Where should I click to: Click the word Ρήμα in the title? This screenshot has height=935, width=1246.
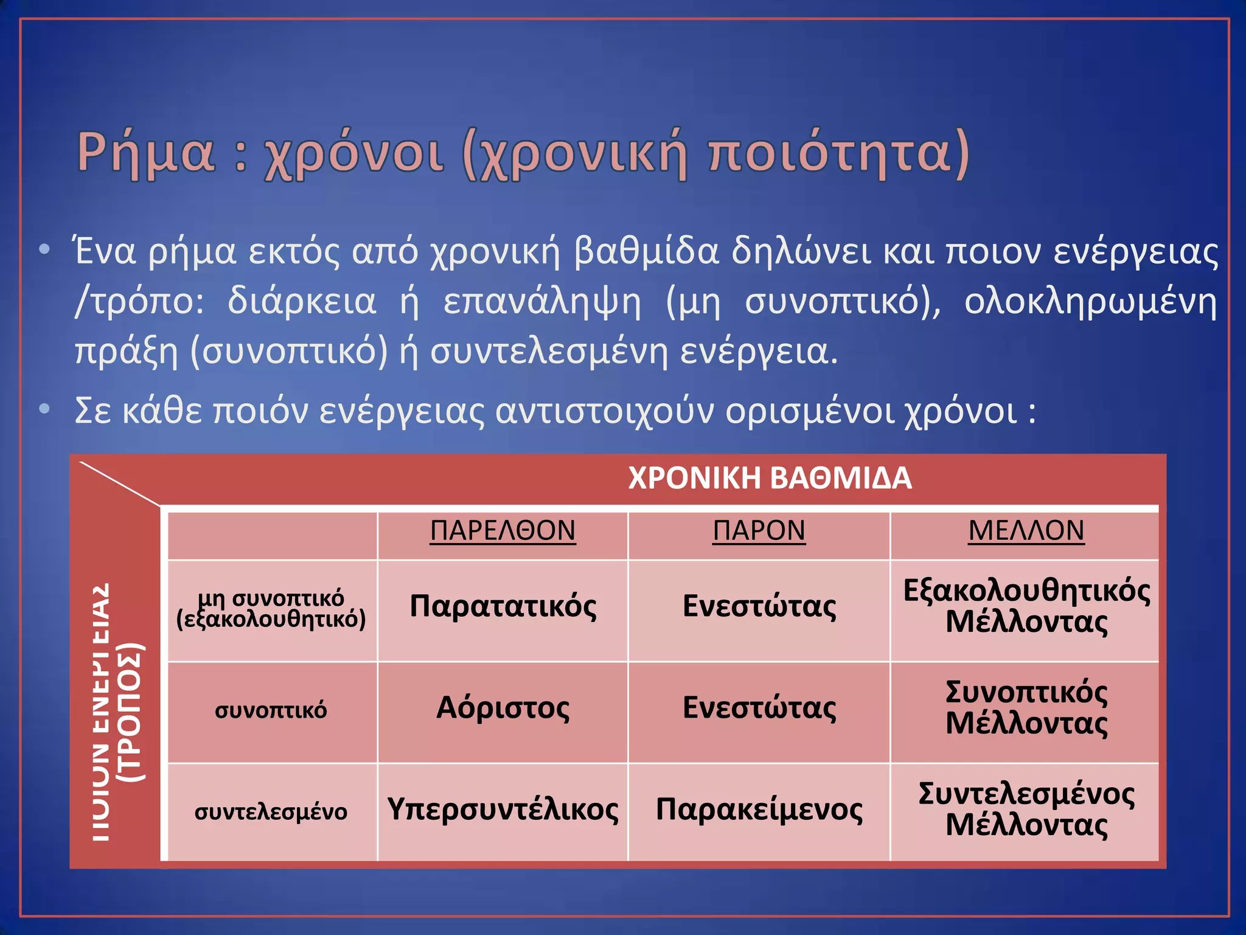coord(146,152)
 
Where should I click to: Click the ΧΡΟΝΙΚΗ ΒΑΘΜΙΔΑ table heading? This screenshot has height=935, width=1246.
coord(770,478)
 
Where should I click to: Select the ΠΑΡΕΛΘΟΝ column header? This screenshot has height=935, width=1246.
coord(503,531)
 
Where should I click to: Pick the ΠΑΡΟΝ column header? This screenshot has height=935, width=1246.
coord(759,531)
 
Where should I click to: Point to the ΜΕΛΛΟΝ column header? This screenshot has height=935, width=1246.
coord(1026,531)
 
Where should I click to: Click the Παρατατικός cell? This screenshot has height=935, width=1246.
coord(503,606)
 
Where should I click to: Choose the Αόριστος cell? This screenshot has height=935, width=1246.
coord(503,708)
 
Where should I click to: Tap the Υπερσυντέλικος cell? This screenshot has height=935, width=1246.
coord(503,810)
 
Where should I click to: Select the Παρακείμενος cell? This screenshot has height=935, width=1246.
coord(759,810)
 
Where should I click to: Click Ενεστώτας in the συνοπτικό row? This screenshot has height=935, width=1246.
coord(759,708)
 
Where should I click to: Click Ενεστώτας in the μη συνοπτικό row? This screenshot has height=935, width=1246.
coord(759,606)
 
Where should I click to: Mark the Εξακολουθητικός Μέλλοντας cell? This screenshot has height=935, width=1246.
coord(1026,606)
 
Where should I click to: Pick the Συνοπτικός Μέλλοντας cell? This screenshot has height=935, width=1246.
coord(1026,708)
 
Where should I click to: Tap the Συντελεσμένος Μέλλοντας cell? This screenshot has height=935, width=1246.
coord(1026,810)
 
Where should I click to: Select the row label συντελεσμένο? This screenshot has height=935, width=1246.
coord(271,812)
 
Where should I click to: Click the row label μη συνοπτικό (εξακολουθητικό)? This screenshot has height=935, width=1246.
coord(271,609)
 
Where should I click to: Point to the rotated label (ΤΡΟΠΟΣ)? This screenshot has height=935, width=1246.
coord(131,712)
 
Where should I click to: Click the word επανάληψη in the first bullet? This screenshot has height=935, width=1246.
coord(541,302)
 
